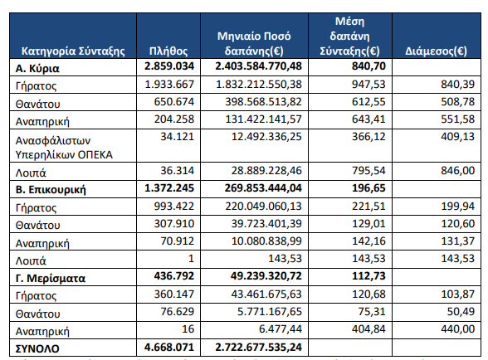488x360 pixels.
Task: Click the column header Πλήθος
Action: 168,51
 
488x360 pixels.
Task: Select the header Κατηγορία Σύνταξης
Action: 73,51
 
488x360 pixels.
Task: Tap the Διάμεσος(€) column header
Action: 436,51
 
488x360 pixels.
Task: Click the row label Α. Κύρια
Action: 37,69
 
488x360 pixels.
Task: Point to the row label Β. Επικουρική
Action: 51,189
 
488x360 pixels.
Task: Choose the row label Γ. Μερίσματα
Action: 51,278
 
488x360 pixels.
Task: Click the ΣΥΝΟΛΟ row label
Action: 37,348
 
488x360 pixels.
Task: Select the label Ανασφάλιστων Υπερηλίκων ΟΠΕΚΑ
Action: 64,148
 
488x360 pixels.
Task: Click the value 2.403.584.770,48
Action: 258,66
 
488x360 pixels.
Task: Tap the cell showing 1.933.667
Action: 169,84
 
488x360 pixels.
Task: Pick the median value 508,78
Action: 457,101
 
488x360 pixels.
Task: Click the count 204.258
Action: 174,119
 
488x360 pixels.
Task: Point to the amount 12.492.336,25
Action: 266,136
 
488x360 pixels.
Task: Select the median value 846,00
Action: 457,170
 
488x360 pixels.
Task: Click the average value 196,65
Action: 368,188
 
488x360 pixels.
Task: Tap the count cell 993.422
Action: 174,206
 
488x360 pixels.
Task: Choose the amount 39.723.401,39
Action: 266,223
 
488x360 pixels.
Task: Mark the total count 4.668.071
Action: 169,347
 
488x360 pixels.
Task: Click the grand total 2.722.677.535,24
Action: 258,347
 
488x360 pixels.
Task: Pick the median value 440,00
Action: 457,328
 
